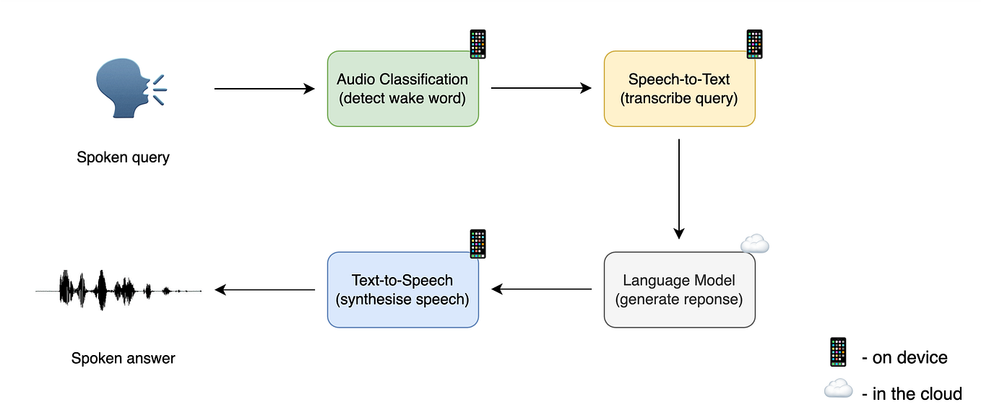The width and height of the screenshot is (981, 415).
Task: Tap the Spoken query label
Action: point(123,157)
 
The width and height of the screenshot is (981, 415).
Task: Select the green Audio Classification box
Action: point(402,89)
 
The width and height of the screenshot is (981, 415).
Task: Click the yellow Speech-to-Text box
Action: point(679,89)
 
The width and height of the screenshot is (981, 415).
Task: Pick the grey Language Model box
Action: point(679,289)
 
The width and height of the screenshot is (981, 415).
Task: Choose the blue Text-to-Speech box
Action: point(402,289)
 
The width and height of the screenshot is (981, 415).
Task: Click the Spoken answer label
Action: point(123,358)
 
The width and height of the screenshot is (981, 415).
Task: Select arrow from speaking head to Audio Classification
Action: point(264,89)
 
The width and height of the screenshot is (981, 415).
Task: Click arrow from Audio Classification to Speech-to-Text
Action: point(541,89)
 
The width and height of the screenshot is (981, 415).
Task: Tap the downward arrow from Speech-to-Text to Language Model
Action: point(679,188)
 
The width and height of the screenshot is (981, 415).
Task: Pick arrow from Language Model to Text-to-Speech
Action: point(541,289)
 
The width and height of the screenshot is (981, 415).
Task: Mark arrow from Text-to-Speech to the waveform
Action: point(264,289)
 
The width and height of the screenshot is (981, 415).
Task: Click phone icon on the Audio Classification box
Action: point(477,44)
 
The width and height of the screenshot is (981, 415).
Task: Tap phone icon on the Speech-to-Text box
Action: point(754,44)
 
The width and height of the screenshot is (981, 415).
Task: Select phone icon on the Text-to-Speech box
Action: point(477,244)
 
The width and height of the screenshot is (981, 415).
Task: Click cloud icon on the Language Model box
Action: point(755,245)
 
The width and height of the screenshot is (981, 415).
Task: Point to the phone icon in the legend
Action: point(837,352)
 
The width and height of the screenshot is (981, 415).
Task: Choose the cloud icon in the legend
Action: point(838,390)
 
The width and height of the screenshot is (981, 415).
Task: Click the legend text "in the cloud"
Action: point(917,393)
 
